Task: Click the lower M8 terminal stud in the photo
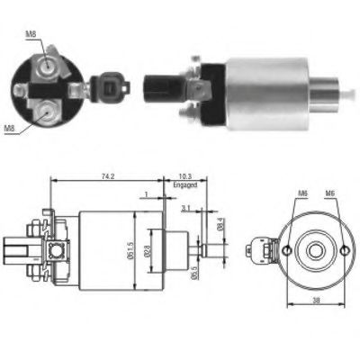coord(42,113)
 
